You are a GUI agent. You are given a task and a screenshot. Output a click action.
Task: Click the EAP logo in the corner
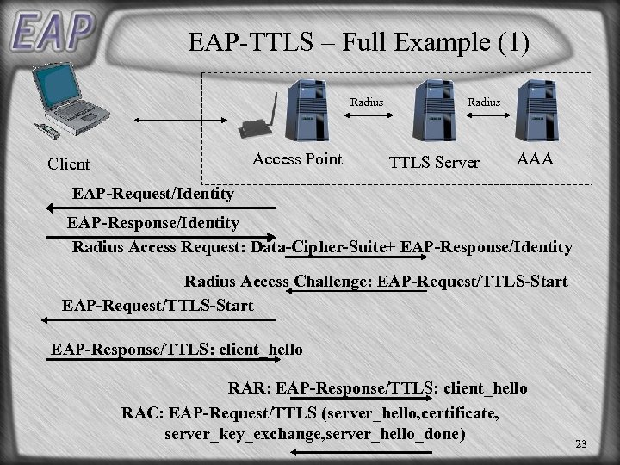pyautogui.click(x=52, y=31)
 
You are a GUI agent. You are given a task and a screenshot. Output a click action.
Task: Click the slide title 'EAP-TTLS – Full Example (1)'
pyautogui.click(x=358, y=42)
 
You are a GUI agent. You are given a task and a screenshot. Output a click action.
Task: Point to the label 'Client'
pyautogui.click(x=69, y=164)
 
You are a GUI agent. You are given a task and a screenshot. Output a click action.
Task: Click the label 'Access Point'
pyautogui.click(x=297, y=159)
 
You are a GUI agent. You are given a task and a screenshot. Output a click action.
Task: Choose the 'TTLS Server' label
pyautogui.click(x=434, y=163)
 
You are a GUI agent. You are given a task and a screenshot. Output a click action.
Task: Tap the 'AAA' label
pyautogui.click(x=534, y=160)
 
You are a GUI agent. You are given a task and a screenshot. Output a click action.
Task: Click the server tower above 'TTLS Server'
pyautogui.click(x=434, y=109)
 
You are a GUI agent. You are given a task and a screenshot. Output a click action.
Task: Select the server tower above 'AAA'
pyautogui.click(x=536, y=109)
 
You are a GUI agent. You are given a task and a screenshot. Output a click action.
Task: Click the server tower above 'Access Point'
pyautogui.click(x=307, y=109)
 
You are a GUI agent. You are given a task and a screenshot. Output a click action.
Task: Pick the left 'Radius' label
pyautogui.click(x=367, y=102)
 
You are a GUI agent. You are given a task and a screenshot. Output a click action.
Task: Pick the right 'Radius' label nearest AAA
pyautogui.click(x=483, y=102)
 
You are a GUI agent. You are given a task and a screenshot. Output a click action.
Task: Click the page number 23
pyautogui.click(x=580, y=444)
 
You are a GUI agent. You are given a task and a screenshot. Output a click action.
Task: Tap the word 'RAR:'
pyautogui.click(x=250, y=389)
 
